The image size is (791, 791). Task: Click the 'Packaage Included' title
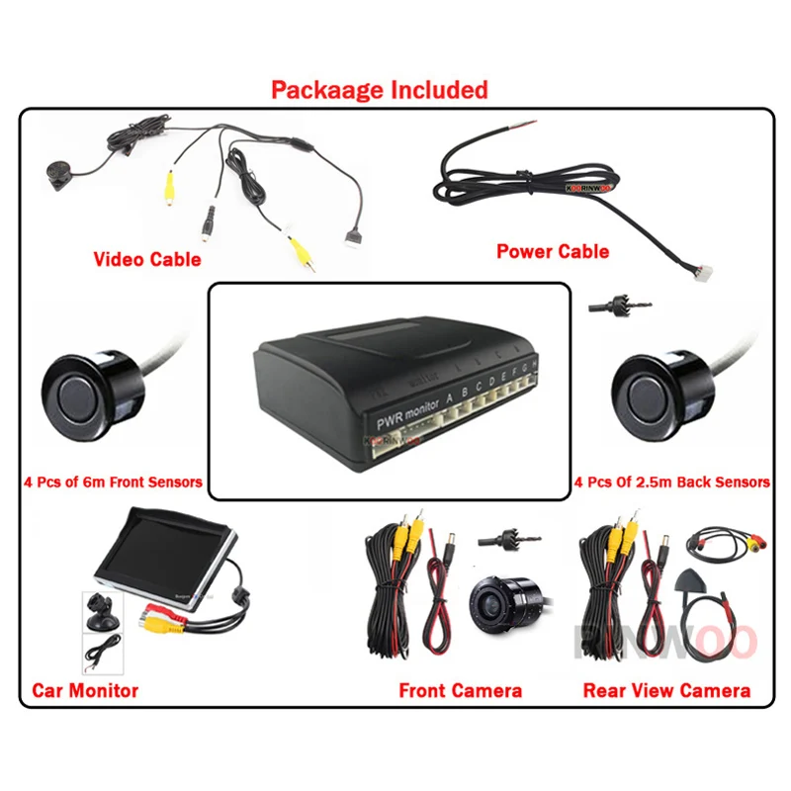click(x=379, y=90)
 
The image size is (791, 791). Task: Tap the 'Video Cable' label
click(x=146, y=260)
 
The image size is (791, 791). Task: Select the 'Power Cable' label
click(x=552, y=251)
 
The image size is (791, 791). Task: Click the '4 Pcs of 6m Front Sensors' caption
click(x=113, y=483)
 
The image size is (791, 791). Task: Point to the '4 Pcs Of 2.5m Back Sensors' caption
click(x=671, y=483)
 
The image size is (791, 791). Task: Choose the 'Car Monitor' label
click(x=85, y=690)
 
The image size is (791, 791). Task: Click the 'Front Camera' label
click(x=460, y=690)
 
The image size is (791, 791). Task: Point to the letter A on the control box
click(x=450, y=398)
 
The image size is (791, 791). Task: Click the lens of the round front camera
click(x=489, y=598)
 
